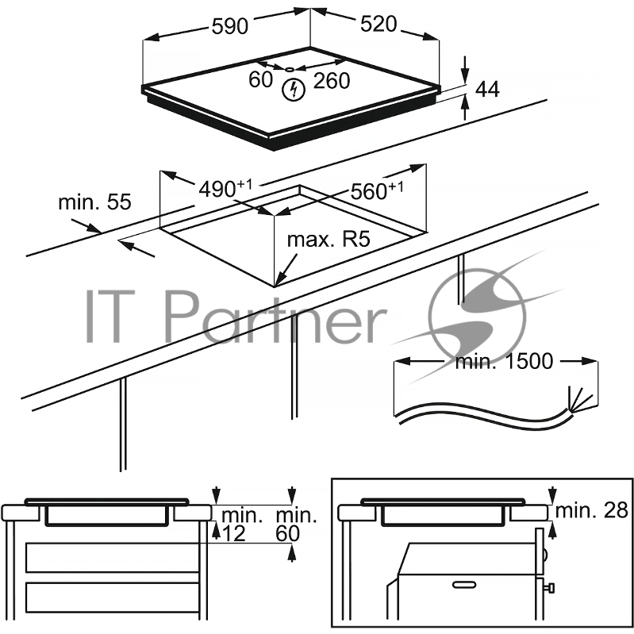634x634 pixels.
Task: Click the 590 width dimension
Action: (x=229, y=27)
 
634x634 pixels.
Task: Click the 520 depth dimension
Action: (x=378, y=25)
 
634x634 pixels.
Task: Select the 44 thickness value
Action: (x=487, y=89)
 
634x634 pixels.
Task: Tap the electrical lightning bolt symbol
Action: (x=293, y=90)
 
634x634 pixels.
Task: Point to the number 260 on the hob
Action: (x=332, y=80)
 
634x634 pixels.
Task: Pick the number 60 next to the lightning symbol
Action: (x=261, y=79)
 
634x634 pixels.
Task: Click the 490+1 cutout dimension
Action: (x=225, y=188)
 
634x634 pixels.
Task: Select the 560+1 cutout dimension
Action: (x=377, y=190)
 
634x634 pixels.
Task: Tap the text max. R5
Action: (x=329, y=240)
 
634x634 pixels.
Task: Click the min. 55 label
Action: (x=94, y=202)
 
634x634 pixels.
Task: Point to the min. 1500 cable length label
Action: (x=504, y=361)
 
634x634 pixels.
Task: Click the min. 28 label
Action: (x=591, y=510)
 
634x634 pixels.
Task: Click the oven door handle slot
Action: (x=464, y=585)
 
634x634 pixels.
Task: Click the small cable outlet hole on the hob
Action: (x=290, y=70)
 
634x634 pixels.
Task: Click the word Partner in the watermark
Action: (x=276, y=317)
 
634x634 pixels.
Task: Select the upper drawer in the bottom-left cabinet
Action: (x=113, y=557)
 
